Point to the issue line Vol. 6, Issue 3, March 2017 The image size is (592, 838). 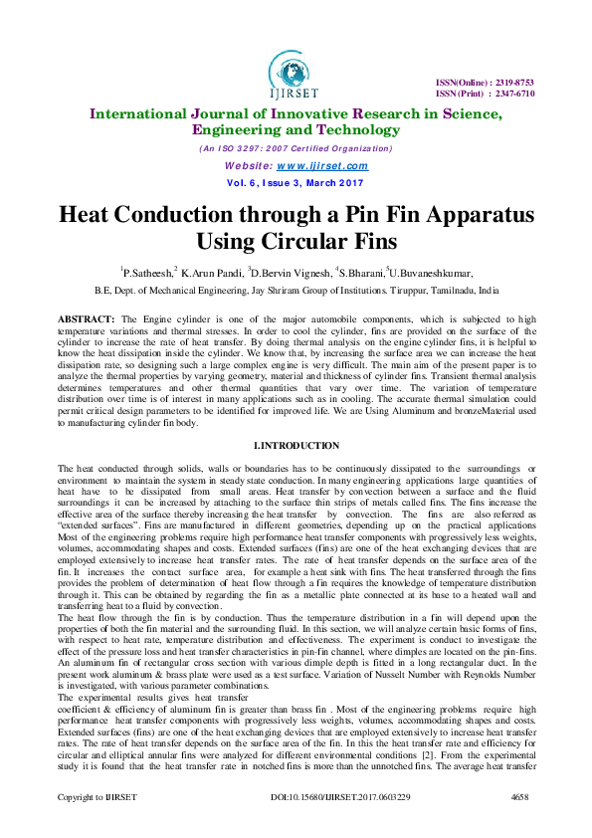[296, 184]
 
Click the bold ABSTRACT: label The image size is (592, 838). [86, 317]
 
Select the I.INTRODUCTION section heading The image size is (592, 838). [296, 445]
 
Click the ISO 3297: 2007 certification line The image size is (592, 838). [296, 148]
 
